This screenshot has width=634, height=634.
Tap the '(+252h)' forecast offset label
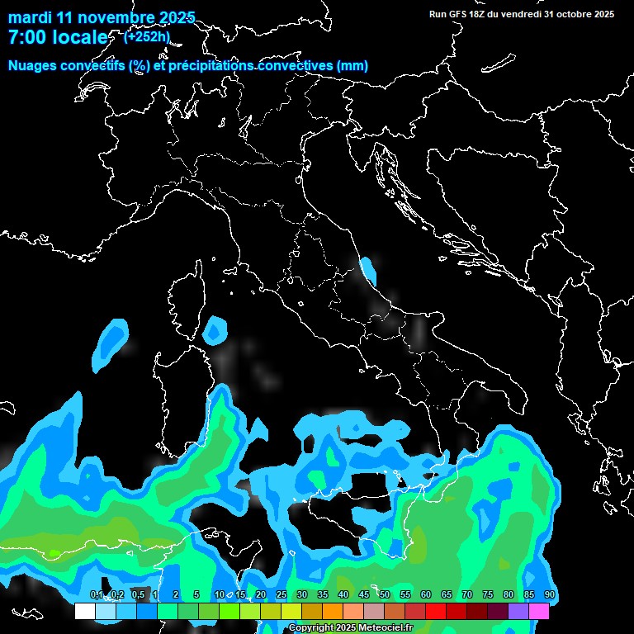[147, 37]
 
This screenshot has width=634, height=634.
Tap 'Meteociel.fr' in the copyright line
[390, 628]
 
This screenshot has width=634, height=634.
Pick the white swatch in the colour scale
[84, 611]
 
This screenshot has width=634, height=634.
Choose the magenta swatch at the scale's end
[539, 611]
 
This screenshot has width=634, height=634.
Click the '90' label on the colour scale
[549, 595]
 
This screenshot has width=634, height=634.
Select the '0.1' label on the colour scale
[96, 595]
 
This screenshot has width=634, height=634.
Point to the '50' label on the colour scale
[385, 595]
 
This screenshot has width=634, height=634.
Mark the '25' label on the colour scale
[281, 595]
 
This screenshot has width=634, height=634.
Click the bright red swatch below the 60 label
[436, 611]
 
